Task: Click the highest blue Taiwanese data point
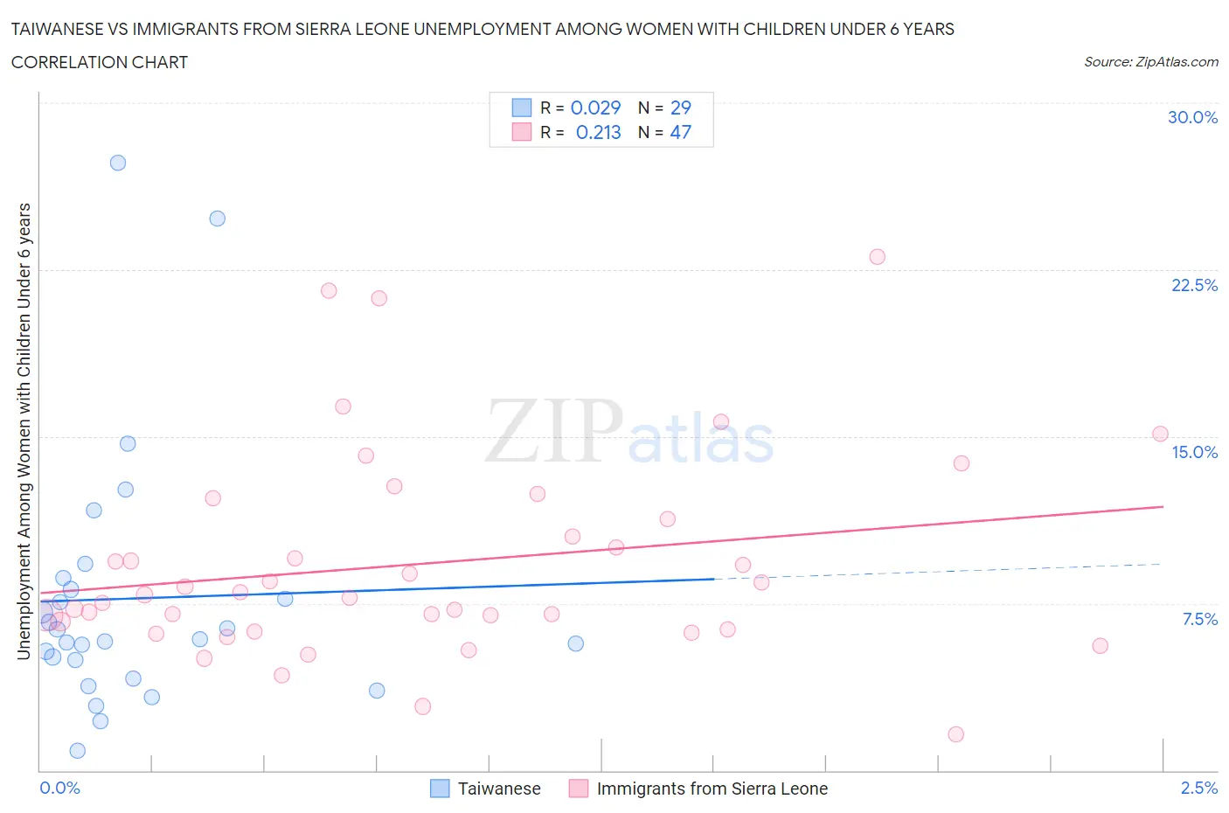tap(118, 163)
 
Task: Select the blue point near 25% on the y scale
tap(218, 219)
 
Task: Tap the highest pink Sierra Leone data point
tap(877, 257)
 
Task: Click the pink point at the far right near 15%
tap(1160, 434)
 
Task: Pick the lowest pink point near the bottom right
tap(955, 734)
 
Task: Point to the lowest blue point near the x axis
tap(77, 751)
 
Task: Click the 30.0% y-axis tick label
tap(1192, 118)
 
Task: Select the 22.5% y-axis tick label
tap(1194, 286)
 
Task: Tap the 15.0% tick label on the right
tap(1194, 453)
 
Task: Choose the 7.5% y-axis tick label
tap(1199, 620)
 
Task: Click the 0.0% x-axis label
tap(59, 789)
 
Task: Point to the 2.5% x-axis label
tap(1198, 789)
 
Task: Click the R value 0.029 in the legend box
tap(595, 108)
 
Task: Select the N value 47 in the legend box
tap(680, 132)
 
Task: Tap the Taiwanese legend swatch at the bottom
tap(440, 789)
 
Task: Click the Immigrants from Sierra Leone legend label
tap(712, 789)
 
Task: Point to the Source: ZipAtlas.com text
tap(1150, 62)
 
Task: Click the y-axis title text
tap(24, 431)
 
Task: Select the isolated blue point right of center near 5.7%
tap(575, 643)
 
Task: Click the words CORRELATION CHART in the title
tap(100, 62)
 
